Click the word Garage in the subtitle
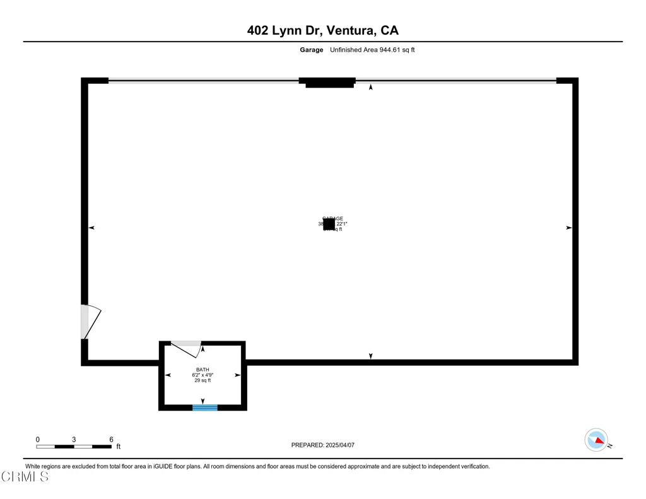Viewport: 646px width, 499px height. click(x=311, y=50)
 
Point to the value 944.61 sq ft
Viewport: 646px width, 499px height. click(x=397, y=50)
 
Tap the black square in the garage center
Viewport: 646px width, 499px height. click(x=329, y=224)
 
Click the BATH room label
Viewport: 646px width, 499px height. click(x=202, y=370)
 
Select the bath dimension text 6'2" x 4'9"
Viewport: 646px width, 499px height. click(x=202, y=375)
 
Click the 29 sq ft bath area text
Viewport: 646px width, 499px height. click(x=202, y=380)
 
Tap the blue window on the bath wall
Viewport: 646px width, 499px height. click(x=205, y=408)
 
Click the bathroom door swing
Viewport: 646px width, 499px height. click(x=187, y=348)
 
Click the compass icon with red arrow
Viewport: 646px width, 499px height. click(x=596, y=440)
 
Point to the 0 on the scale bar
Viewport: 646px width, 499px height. click(x=38, y=439)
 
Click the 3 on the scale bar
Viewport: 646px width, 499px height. click(x=74, y=439)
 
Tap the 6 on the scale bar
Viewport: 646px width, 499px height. click(x=111, y=439)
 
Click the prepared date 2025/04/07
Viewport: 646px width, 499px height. click(x=341, y=445)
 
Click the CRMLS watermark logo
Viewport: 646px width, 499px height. click(x=25, y=477)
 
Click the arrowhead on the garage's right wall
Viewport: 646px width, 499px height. click(x=568, y=228)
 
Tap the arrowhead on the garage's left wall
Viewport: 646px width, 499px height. click(x=91, y=228)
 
